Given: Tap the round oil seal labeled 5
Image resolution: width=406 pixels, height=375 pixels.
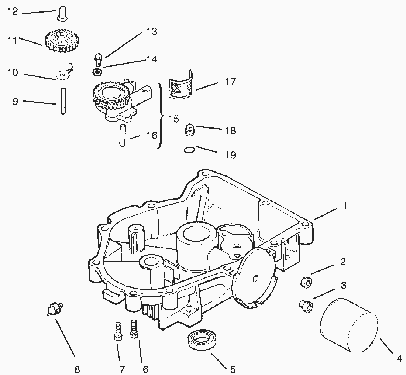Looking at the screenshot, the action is (x=201, y=341).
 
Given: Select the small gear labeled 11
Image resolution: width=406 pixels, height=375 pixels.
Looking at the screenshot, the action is (x=62, y=40).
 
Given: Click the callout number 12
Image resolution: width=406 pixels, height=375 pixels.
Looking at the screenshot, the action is (x=13, y=11).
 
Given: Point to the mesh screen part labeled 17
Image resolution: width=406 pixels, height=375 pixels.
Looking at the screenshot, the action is (x=181, y=85).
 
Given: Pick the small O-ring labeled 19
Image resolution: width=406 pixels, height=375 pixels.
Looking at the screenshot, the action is (x=190, y=150).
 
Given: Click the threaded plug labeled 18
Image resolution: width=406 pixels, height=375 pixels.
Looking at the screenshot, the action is (x=190, y=130).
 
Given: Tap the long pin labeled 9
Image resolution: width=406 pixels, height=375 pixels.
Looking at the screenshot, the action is (x=63, y=101).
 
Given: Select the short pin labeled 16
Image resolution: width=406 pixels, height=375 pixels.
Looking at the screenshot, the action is (x=122, y=135).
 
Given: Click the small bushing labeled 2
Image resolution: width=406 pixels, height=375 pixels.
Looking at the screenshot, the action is (x=306, y=282).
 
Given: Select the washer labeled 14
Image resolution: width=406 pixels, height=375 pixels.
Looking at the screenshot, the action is (x=97, y=72).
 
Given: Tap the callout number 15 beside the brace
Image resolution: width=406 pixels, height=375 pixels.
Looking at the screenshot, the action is (x=174, y=119).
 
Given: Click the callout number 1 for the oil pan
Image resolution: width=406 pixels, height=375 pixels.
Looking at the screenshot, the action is (x=345, y=206).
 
